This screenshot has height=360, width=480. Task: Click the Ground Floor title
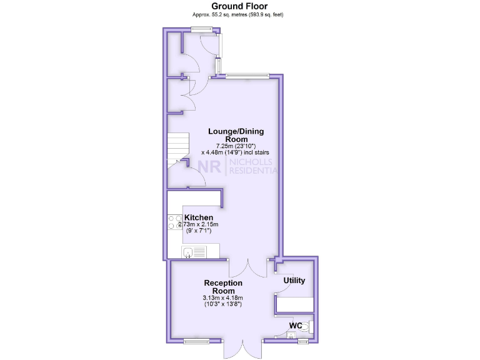pos(239,6)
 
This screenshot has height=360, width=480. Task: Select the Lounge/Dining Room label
pos(236,135)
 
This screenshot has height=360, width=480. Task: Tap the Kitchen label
pos(198,217)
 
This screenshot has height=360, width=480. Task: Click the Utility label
pos(294,281)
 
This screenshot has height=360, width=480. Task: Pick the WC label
pos(296,326)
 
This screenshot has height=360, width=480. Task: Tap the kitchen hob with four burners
pos(174,222)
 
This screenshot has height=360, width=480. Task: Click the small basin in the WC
pos(289,336)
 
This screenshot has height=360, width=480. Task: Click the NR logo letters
pos(211,166)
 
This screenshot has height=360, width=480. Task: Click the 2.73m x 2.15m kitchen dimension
pos(198,224)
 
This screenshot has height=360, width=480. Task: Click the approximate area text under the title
pos(239,14)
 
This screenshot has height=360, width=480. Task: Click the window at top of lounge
pos(247,76)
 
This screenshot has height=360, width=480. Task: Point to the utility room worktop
pos(295,304)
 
